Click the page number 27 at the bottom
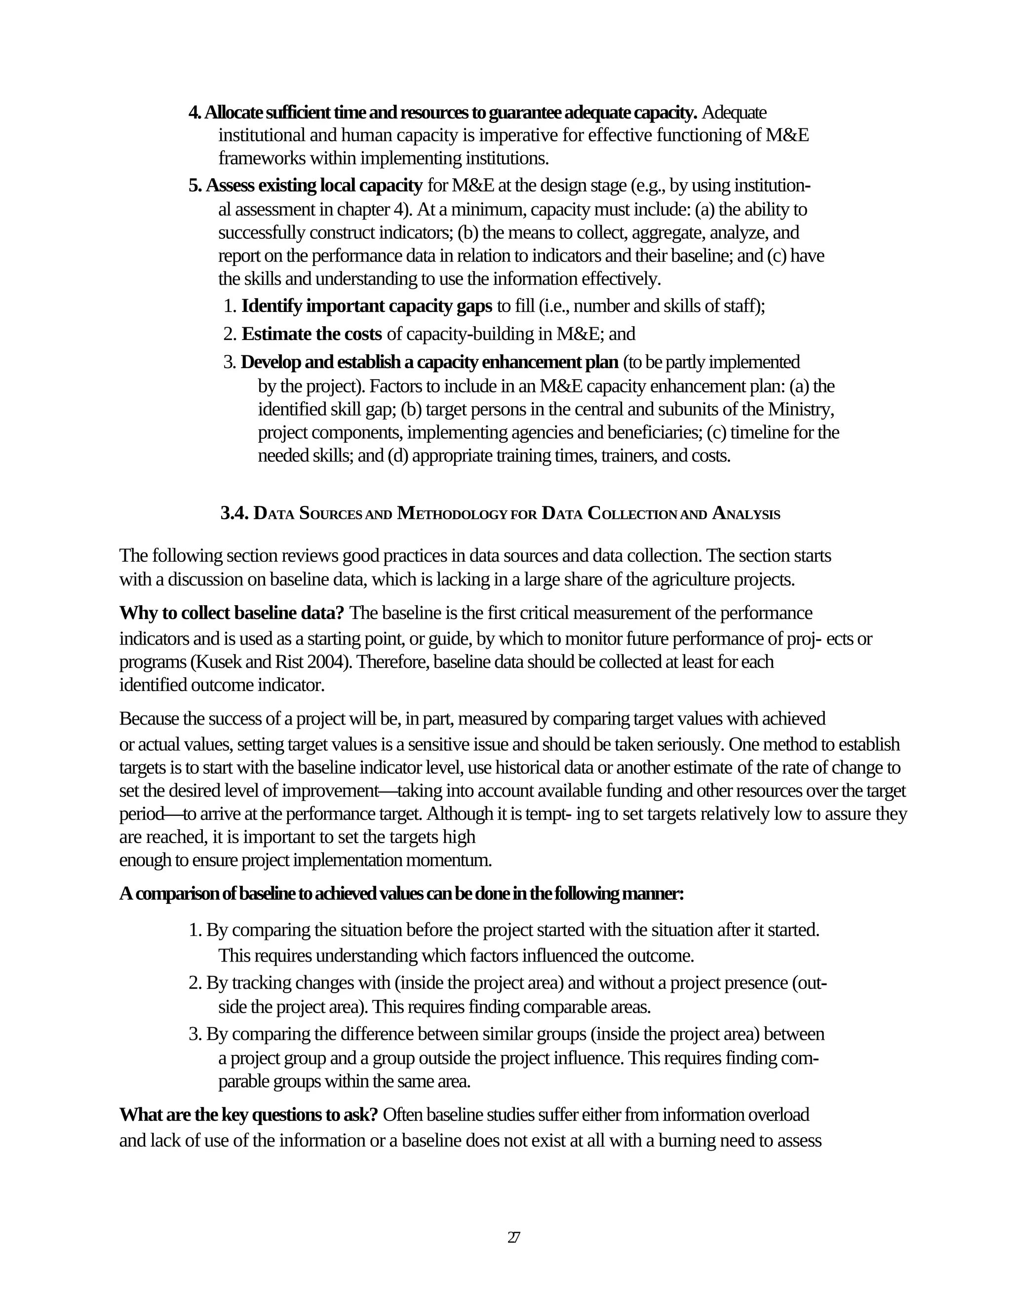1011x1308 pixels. pos(513,1237)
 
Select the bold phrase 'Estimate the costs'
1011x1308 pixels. pos(311,334)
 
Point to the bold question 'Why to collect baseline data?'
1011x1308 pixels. pos(232,613)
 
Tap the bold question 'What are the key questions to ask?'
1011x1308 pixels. pos(249,1114)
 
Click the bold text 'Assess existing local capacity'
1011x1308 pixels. pos(314,186)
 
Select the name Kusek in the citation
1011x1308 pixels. pos(212,662)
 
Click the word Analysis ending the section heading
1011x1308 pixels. pos(746,514)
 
